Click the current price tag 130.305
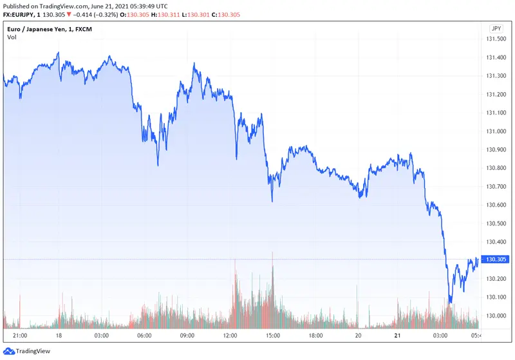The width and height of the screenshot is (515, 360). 495,260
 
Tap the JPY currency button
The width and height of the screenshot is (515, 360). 495,28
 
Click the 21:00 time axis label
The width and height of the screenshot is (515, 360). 20,336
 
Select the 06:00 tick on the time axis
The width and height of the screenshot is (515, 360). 144,336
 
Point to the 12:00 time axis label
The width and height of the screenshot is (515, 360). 230,336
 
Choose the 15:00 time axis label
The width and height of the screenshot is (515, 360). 273,336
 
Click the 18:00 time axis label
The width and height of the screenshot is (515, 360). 315,336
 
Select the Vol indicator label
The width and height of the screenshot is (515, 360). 12,37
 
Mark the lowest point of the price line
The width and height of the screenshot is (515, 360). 450,302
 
